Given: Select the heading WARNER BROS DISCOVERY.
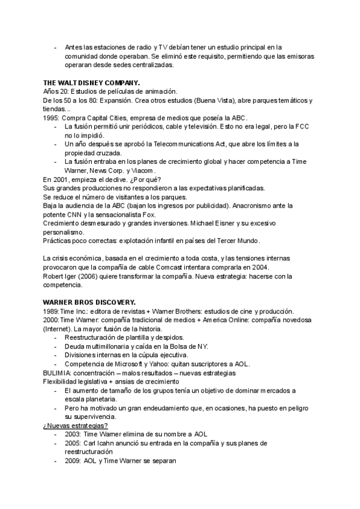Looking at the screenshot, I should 89,302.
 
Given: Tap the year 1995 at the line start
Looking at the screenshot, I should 51,118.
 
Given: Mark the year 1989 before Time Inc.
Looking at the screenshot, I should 50,311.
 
